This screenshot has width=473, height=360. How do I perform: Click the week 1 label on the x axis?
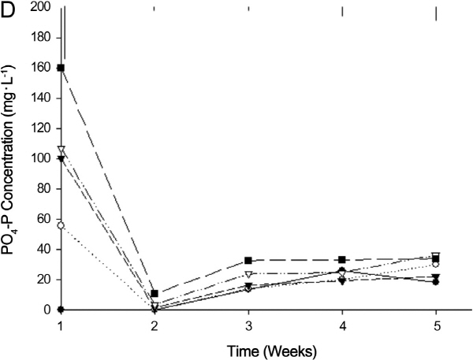point(60,323)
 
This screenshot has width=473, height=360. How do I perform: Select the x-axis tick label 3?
point(248,323)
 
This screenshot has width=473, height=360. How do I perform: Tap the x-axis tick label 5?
point(436,323)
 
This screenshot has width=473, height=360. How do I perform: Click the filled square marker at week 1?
point(61,68)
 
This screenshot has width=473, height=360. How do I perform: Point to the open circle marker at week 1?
point(61,225)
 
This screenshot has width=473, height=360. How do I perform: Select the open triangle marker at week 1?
point(61,149)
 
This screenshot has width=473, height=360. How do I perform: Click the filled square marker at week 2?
point(155,294)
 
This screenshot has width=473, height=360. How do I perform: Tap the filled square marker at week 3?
point(248,261)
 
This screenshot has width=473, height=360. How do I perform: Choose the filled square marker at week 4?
point(342,260)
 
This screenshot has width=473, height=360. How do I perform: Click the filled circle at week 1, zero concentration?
point(61,310)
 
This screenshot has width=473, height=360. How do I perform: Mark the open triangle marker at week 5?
point(436,256)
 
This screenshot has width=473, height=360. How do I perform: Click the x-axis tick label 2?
point(155,323)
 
